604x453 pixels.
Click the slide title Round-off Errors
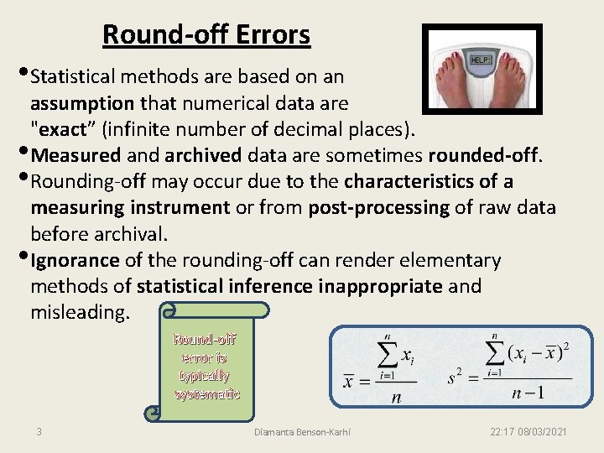206,35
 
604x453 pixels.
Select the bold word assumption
82,104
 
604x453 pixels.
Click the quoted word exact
63,130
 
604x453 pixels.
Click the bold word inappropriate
380,286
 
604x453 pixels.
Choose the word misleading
81,312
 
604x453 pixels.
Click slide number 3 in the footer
39,432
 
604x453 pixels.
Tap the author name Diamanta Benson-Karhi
303,432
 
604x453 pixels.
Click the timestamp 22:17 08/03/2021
528,432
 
